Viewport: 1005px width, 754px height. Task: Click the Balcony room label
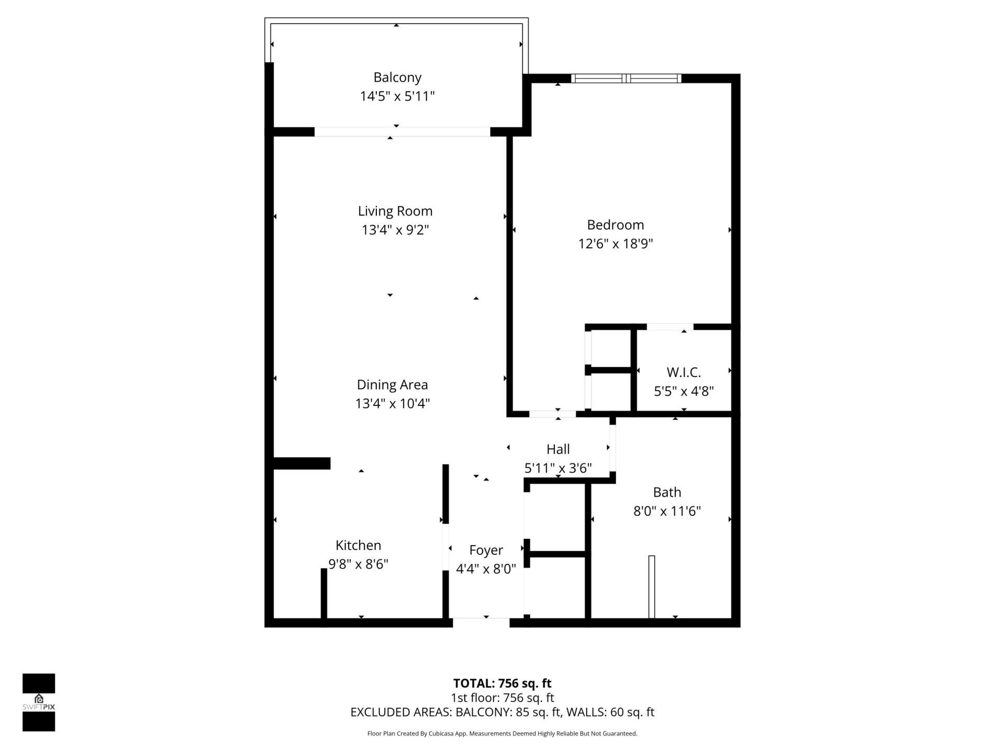coord(397,77)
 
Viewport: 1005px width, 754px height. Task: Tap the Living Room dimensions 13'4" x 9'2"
coord(395,230)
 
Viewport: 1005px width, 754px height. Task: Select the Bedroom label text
coord(615,225)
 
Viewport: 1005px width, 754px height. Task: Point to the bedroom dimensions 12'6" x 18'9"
coord(615,243)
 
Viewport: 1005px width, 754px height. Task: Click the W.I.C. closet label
coord(684,372)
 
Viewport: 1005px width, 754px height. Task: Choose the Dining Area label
coord(392,385)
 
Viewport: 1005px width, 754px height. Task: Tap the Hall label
coord(558,449)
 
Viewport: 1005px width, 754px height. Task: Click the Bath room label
coord(667,492)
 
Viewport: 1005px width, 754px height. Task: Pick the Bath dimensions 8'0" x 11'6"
coord(667,511)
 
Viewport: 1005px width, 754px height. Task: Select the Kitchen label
coord(358,546)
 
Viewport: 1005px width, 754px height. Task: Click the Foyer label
coord(486,550)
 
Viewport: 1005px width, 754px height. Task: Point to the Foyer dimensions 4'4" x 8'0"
coord(486,569)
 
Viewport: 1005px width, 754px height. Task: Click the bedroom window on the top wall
coord(626,79)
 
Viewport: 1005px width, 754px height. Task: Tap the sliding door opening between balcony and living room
coord(402,132)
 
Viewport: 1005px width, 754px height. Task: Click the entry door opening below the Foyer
coord(481,622)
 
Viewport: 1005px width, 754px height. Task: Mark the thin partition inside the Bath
coord(652,586)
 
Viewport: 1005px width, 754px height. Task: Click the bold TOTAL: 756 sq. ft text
coord(502,683)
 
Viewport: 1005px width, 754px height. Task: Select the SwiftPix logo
coord(39,702)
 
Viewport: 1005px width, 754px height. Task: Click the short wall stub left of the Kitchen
coord(302,463)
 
